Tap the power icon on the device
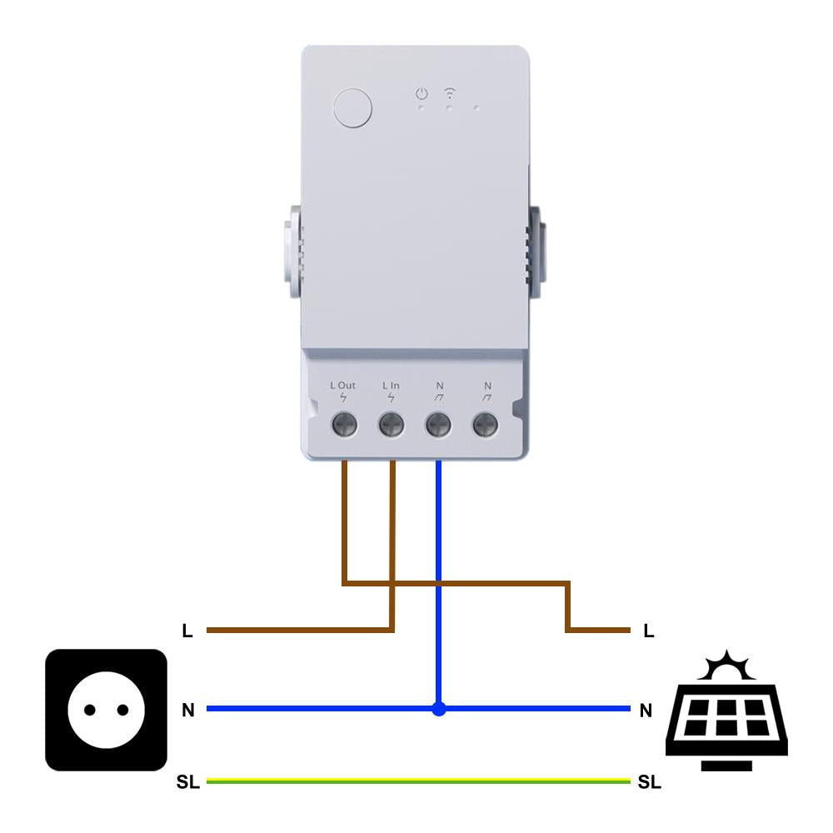coord(422,93)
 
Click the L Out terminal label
coord(342,386)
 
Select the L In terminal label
coord(391,386)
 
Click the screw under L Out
coord(344,426)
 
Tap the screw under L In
coord(391,426)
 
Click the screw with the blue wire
coord(438,426)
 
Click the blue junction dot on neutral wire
coord(439,709)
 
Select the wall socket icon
coord(106,710)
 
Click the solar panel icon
coord(726,721)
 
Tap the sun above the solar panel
coord(726,666)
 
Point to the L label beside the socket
coord(187,631)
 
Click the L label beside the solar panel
coord(649,631)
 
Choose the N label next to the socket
coord(188,711)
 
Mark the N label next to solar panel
coord(646,711)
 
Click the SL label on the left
coord(187,783)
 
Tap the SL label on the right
coord(649,783)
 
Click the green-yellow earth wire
coord(416,781)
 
